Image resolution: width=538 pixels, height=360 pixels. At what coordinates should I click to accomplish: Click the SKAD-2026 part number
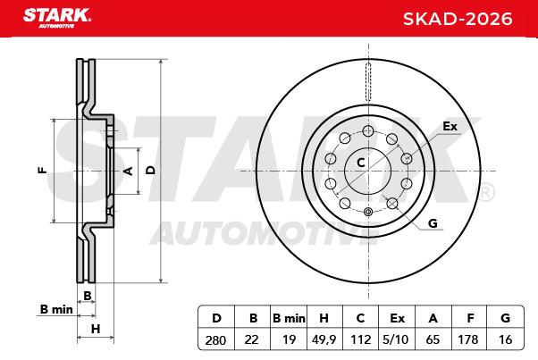458,19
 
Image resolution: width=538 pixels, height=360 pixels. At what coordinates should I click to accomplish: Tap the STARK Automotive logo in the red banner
57,18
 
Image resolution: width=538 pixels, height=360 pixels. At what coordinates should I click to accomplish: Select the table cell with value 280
215,339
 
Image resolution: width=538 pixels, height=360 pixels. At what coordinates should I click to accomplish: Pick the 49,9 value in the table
324,339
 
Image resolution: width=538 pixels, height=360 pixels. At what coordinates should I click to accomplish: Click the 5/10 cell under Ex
396,339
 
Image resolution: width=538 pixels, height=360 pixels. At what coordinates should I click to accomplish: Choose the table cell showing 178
468,339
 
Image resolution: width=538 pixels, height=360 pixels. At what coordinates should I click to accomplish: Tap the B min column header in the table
289,318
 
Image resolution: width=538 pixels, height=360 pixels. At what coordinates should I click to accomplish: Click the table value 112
361,339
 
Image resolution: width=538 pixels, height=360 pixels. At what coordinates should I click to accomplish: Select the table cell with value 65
433,339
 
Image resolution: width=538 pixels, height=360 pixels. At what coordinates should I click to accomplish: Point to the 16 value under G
505,339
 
